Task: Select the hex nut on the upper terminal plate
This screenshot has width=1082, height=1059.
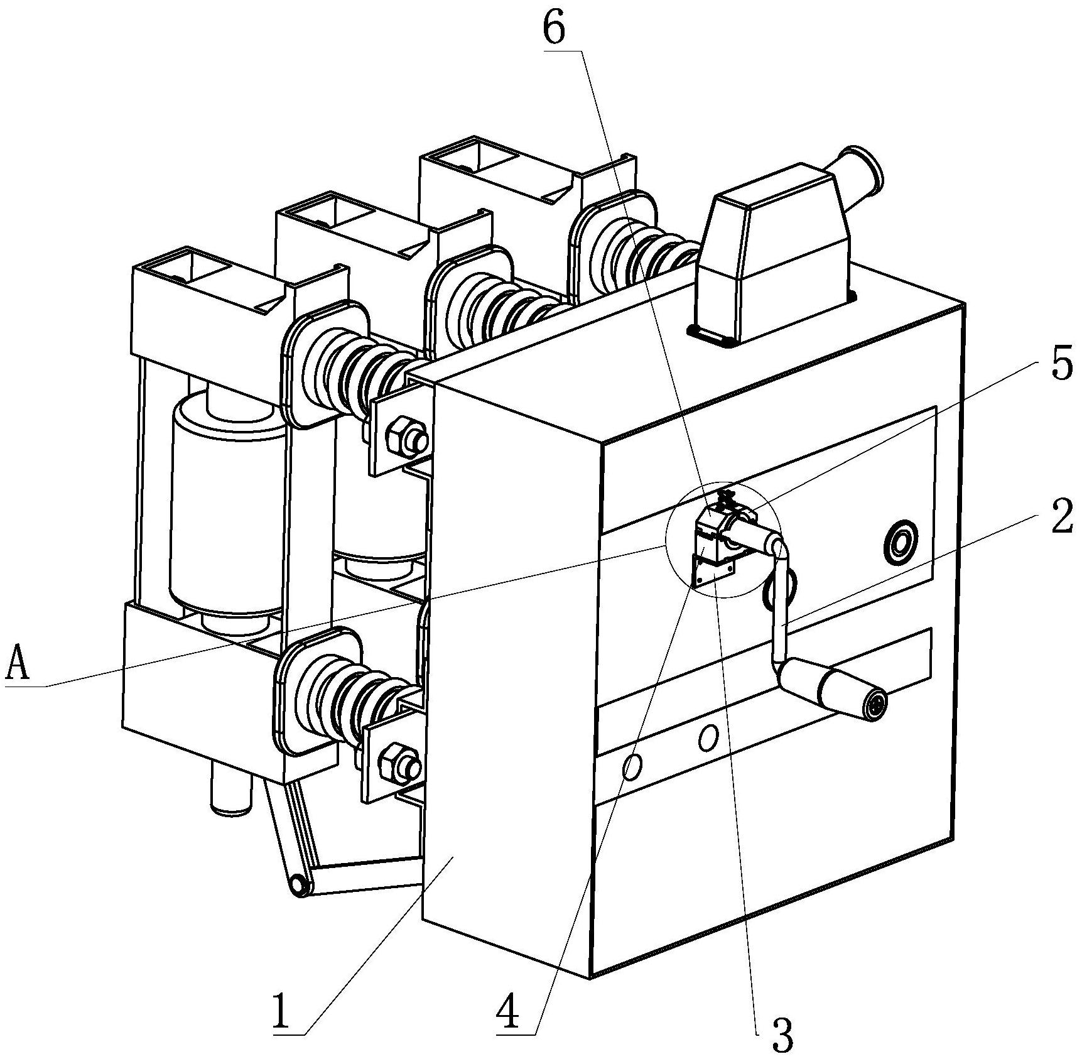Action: [x=399, y=435]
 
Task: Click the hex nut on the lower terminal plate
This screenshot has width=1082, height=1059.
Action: [x=392, y=761]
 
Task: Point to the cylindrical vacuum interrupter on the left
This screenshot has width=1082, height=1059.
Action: [x=226, y=502]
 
